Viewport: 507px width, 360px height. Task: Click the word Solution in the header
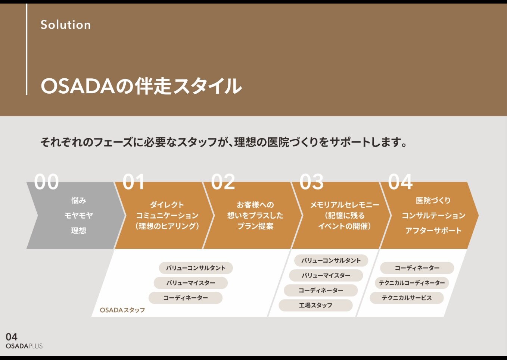66,25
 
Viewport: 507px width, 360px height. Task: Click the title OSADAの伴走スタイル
141,86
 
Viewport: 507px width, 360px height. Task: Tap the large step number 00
47,182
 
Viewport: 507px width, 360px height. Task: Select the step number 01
134,182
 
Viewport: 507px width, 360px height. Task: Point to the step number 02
223,182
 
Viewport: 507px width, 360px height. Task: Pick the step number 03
311,182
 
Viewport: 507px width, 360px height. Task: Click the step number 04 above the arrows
400,182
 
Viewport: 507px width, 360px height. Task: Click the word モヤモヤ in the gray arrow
78,215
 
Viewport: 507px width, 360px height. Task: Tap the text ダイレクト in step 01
167,204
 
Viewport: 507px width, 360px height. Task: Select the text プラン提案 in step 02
255,226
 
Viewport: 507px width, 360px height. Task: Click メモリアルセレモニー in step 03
344,204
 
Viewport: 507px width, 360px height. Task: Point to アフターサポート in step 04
433,231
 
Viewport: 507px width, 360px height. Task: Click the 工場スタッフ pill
315,305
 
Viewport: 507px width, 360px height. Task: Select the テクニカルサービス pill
407,298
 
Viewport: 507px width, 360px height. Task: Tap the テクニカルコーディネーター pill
412,283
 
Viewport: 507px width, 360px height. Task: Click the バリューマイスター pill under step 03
326,275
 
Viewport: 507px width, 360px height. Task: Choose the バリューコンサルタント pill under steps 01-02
196,268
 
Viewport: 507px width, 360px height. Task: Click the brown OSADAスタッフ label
122,310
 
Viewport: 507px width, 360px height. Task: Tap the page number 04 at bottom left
12,337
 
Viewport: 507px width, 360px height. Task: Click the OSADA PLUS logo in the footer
24,346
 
